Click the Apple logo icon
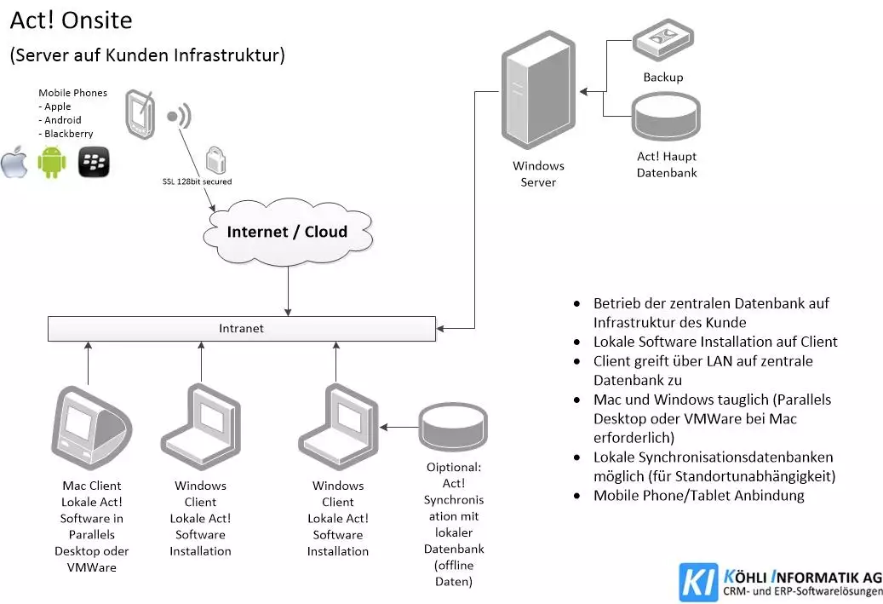pyautogui.click(x=14, y=162)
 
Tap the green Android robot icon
pyautogui.click(x=52, y=162)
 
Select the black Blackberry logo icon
pyautogui.click(x=94, y=162)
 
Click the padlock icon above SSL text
pyautogui.click(x=216, y=160)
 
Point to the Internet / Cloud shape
pyautogui.click(x=287, y=232)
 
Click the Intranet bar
pyautogui.click(x=242, y=328)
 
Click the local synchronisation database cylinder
pyautogui.click(x=453, y=423)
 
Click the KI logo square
pyautogui.click(x=698, y=583)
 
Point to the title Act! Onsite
pyautogui.click(x=71, y=20)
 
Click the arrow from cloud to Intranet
pyautogui.click(x=289, y=290)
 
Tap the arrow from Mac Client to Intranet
pyautogui.click(x=88, y=361)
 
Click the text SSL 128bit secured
pyautogui.click(x=197, y=181)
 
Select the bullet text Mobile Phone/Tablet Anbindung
pyautogui.click(x=698, y=495)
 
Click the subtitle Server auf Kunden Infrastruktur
pyautogui.click(x=146, y=55)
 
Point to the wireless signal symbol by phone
pyautogui.click(x=180, y=117)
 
